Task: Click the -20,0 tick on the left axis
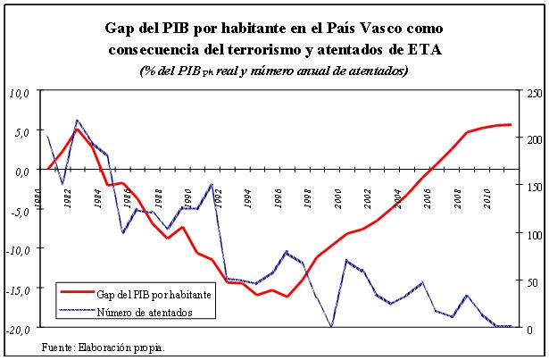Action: (x=18, y=330)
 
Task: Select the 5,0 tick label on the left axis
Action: (x=21, y=131)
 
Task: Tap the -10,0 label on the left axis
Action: (x=18, y=250)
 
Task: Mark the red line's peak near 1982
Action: (x=78, y=130)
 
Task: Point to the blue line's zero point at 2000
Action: (x=332, y=327)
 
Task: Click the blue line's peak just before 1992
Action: (x=212, y=184)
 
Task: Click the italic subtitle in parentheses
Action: (x=274, y=71)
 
